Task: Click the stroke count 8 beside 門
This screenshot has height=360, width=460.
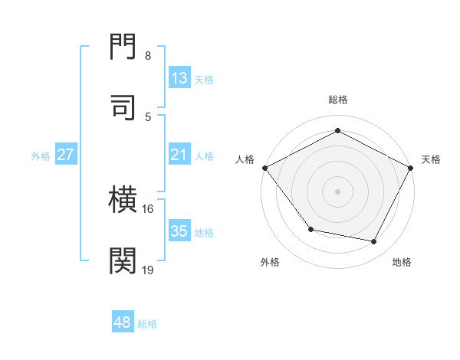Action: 147,56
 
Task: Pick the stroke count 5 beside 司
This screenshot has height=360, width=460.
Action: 147,116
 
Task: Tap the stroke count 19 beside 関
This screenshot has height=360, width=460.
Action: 148,270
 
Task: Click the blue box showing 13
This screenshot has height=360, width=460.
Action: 179,77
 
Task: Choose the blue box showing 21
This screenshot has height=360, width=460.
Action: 179,155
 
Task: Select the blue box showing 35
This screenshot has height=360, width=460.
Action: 179,231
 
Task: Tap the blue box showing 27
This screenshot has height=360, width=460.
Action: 66,155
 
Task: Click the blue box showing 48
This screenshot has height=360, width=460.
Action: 123,322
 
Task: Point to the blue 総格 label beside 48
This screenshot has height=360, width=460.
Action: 147,324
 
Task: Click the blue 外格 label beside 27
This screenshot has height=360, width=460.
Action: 41,156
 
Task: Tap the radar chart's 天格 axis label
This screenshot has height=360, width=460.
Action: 431,159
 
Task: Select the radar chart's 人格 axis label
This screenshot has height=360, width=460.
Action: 245,159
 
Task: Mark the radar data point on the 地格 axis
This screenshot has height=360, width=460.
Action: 374,241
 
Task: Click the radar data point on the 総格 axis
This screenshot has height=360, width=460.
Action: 337,131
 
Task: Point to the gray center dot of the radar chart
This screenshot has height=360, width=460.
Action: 337,191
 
